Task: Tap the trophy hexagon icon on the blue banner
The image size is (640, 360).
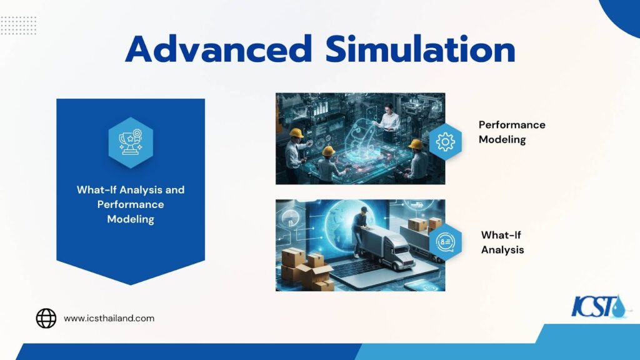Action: pos(131,142)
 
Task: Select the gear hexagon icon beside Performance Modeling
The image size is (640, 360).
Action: pos(445,142)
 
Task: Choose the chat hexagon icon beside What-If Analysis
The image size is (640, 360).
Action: pos(446,242)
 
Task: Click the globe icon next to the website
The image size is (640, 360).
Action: pos(46,318)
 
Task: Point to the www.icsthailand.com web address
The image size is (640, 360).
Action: pos(109,318)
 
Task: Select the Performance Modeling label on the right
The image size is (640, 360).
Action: pos(511,132)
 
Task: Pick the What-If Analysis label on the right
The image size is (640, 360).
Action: pos(502,242)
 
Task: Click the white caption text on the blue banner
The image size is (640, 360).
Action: pos(131,204)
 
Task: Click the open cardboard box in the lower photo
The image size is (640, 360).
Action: pos(316,272)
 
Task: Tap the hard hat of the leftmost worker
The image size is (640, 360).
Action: pos(296,132)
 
